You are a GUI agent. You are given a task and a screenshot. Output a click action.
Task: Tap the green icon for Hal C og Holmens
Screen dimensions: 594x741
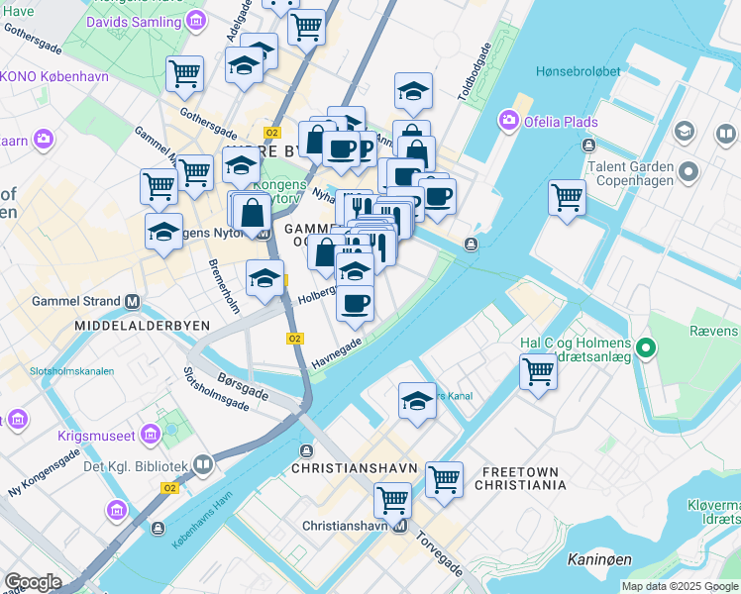coord(646,346)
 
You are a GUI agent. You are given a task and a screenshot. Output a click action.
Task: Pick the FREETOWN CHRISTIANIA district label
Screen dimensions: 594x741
coord(520,478)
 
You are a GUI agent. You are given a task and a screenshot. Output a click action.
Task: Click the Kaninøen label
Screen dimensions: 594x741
coord(599,560)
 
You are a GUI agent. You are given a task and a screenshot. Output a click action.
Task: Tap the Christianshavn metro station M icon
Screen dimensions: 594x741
coord(399,527)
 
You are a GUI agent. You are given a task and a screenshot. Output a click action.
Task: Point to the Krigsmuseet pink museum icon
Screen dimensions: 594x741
coord(151,433)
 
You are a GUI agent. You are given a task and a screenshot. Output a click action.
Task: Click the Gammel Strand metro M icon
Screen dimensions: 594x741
coord(131,301)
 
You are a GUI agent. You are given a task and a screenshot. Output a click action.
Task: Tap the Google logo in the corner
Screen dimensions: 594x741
coord(33,582)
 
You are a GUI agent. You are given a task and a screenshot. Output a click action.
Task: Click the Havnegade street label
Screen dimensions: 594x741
coord(338,350)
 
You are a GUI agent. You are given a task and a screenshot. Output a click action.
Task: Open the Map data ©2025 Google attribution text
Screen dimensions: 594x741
coord(679,586)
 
